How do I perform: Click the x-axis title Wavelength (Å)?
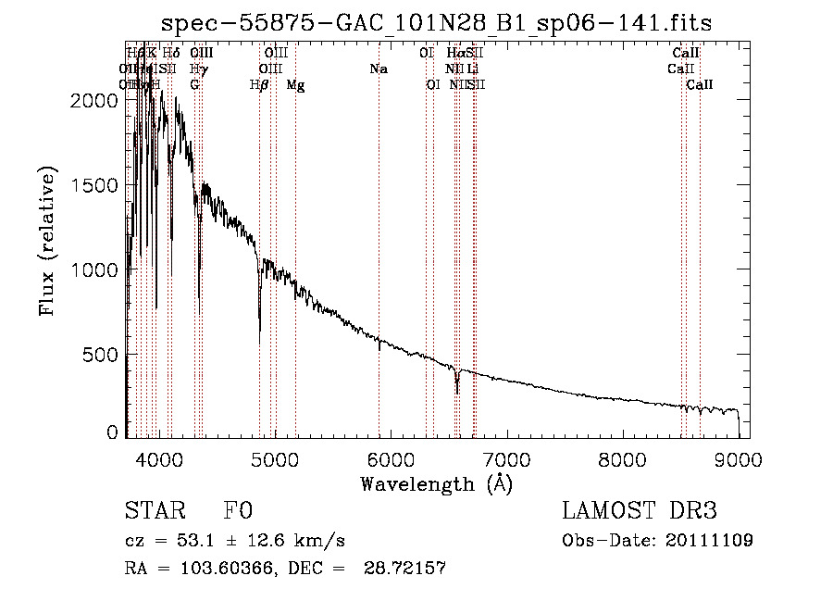coord(436,483)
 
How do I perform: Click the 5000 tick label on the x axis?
coord(275,458)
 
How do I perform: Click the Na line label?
coord(378,69)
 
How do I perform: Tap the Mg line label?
coord(295,85)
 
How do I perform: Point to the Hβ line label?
coord(260,85)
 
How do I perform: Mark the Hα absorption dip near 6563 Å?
coord(457,391)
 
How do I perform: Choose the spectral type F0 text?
coord(239,511)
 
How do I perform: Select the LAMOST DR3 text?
coord(639,511)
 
